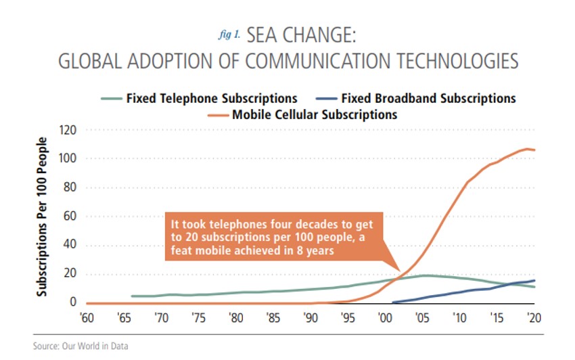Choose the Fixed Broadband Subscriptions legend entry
click(x=428, y=98)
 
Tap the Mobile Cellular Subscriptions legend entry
click(x=315, y=114)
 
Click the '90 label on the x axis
click(x=310, y=317)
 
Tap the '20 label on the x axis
click(x=534, y=317)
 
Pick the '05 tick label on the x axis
click(x=422, y=317)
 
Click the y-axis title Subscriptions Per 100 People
click(x=42, y=217)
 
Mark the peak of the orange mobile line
click(x=526, y=149)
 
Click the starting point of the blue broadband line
click(x=393, y=302)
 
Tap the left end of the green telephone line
click(x=131, y=296)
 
